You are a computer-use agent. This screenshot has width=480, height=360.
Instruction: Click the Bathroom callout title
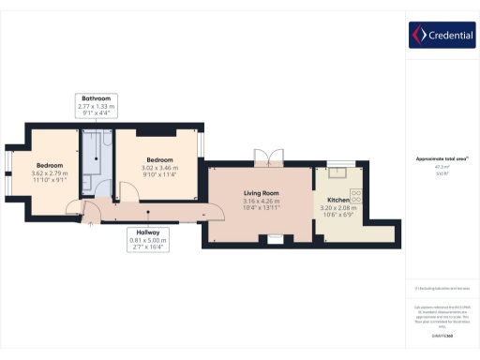[x=95, y=98]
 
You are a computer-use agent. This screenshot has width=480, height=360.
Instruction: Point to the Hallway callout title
[x=147, y=232]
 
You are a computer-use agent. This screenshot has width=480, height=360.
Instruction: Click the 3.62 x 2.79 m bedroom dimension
[x=51, y=173]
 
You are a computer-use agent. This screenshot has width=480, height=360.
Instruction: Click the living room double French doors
[x=267, y=157]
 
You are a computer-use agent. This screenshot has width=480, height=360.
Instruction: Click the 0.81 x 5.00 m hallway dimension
[x=147, y=241]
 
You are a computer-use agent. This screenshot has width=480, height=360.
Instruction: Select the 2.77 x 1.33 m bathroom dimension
[x=95, y=107]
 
